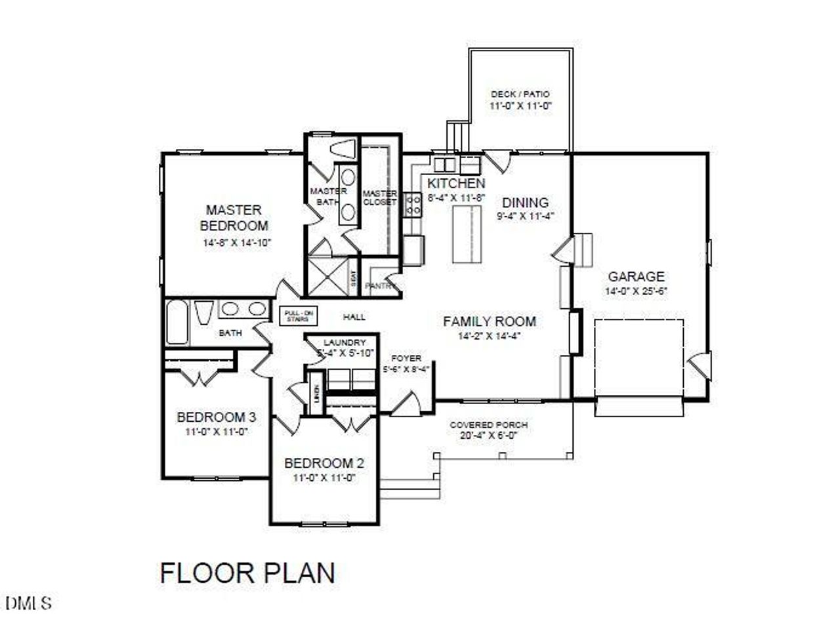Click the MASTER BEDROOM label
[234, 218]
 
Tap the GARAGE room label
[635, 277]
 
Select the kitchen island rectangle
[467, 234]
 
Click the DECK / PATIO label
[520, 94]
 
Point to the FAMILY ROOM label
[489, 321]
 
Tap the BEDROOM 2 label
[324, 464]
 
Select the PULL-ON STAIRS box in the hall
[298, 316]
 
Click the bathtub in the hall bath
[177, 322]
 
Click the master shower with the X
[328, 276]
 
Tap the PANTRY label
[378, 286]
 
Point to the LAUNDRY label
[345, 342]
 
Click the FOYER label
[406, 358]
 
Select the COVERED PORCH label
[488, 425]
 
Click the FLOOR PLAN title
[247, 573]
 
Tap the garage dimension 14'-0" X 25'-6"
[635, 291]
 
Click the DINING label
[525, 203]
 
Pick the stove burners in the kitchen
[413, 204]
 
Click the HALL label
[354, 317]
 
